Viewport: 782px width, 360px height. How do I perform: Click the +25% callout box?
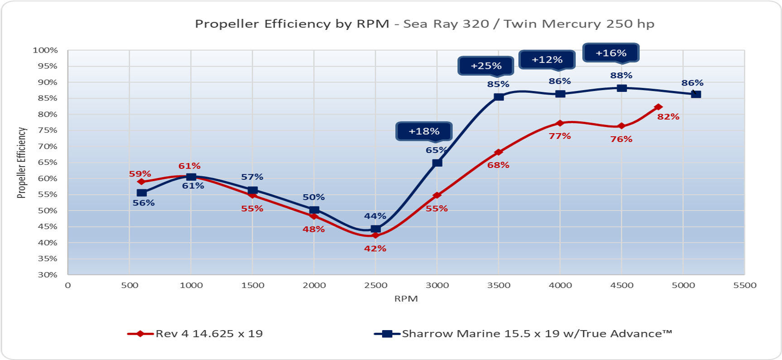pos(486,66)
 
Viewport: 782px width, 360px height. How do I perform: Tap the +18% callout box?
pos(424,131)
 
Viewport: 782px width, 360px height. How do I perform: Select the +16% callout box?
pos(611,53)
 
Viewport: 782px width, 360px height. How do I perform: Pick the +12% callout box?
pos(547,60)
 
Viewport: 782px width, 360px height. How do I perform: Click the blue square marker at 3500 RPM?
pos(499,97)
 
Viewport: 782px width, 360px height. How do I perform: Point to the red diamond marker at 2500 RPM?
pos(375,235)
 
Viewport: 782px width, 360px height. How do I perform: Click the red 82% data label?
pos(668,117)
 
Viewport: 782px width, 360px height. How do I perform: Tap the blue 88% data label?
pos(621,76)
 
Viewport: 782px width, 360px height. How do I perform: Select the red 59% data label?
pos(140,174)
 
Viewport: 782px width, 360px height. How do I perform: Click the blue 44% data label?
pos(375,216)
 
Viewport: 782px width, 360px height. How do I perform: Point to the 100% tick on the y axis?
pos(45,50)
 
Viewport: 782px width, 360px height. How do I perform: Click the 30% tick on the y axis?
pos(47,275)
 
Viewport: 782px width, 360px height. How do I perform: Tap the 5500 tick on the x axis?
pos(744,285)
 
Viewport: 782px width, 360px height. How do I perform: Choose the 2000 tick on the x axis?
pos(314,285)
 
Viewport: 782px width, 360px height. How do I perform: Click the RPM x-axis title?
pos(406,299)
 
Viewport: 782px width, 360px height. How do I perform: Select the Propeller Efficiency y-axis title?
pos(21,163)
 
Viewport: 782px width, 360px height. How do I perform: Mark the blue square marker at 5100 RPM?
pos(696,95)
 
